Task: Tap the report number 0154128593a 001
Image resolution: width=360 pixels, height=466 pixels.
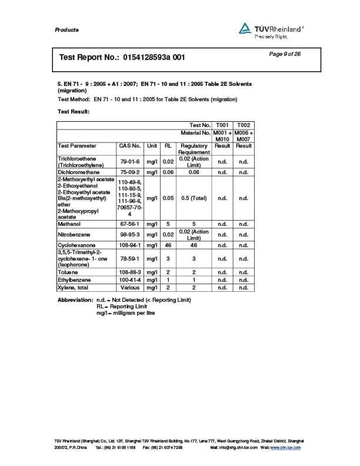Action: (x=155, y=58)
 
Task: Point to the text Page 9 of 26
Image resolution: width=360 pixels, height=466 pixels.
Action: (x=285, y=54)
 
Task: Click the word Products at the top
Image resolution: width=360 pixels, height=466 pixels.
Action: (x=66, y=30)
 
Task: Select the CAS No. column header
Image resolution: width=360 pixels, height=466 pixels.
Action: (x=129, y=145)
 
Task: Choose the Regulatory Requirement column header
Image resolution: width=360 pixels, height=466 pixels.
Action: (x=194, y=149)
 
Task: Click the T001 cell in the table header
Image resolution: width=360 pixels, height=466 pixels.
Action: (x=222, y=125)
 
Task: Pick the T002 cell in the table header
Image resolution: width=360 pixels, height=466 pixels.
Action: (x=243, y=125)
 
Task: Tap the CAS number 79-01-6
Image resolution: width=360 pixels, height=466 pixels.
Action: (x=129, y=162)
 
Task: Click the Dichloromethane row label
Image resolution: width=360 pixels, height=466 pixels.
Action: (x=78, y=172)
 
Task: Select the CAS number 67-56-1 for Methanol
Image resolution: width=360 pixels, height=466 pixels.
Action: (x=129, y=224)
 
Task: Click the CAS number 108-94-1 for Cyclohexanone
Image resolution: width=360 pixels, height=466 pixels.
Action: (x=129, y=245)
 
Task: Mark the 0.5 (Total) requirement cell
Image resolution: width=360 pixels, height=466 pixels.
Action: (x=194, y=198)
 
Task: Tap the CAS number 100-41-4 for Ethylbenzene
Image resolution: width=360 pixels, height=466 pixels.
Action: (x=129, y=280)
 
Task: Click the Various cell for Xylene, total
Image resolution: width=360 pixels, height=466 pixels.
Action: (x=129, y=288)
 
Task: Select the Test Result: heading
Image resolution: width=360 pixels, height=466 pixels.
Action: (x=73, y=112)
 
